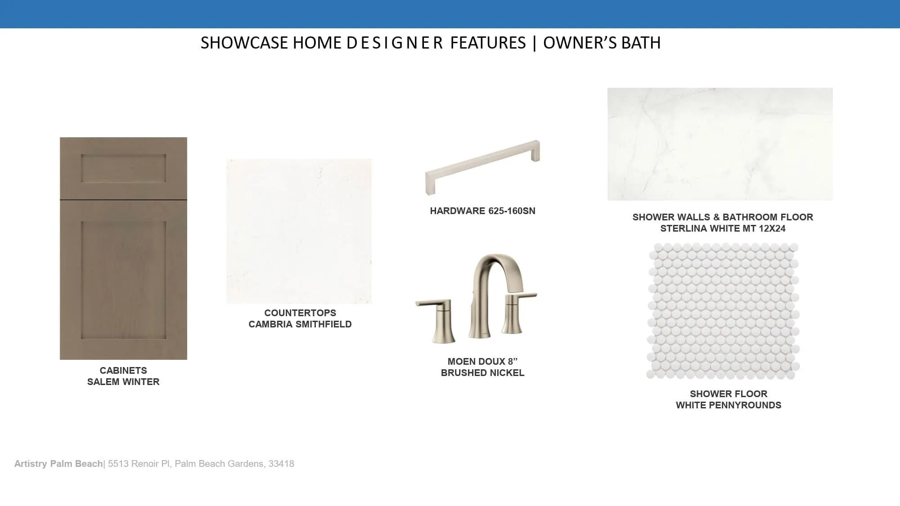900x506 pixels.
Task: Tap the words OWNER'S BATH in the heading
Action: (x=602, y=43)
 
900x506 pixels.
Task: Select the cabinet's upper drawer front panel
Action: (x=123, y=168)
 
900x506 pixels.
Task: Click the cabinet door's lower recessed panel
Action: (x=123, y=279)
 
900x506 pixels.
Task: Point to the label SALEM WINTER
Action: (x=123, y=382)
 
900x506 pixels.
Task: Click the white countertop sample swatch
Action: (x=299, y=231)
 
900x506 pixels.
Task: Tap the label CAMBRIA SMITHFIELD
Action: (x=300, y=324)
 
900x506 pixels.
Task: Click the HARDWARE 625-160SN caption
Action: (x=482, y=211)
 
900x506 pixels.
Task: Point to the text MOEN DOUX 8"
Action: (x=482, y=362)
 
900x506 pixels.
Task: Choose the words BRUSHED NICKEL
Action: (x=482, y=373)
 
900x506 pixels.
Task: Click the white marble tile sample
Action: (x=720, y=144)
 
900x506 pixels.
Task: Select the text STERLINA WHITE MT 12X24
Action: (x=723, y=228)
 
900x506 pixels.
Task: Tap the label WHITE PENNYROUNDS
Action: (x=729, y=405)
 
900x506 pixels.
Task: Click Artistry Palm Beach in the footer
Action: (x=58, y=464)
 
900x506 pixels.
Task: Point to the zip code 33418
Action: (x=281, y=464)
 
